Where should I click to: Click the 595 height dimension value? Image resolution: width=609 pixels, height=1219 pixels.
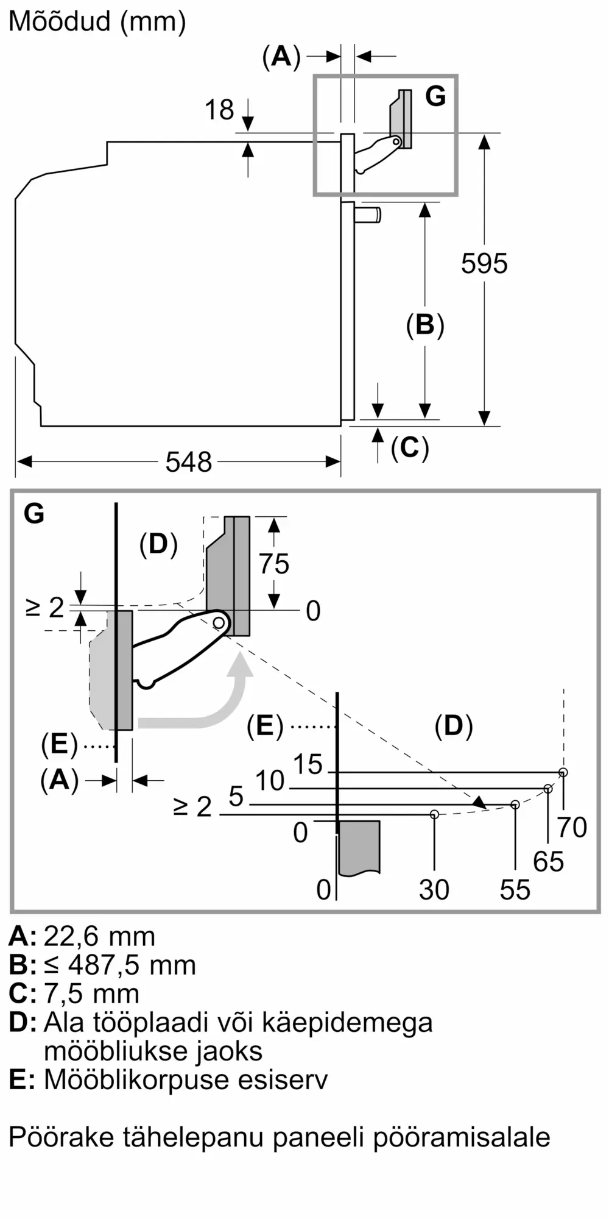[484, 263]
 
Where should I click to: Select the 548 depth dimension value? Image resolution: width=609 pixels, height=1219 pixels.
[189, 462]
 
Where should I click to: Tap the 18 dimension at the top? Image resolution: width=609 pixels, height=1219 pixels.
[219, 110]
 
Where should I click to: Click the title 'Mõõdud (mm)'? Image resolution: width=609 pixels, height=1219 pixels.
[97, 22]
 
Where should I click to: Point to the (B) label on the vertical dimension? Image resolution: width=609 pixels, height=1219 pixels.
[425, 325]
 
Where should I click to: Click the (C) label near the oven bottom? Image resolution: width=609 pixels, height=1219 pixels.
[410, 448]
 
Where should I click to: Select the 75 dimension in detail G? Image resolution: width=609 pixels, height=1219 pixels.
[274, 564]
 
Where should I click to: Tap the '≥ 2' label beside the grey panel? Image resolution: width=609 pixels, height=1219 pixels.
[44, 607]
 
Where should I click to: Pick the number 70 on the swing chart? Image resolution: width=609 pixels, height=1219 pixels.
[572, 827]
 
